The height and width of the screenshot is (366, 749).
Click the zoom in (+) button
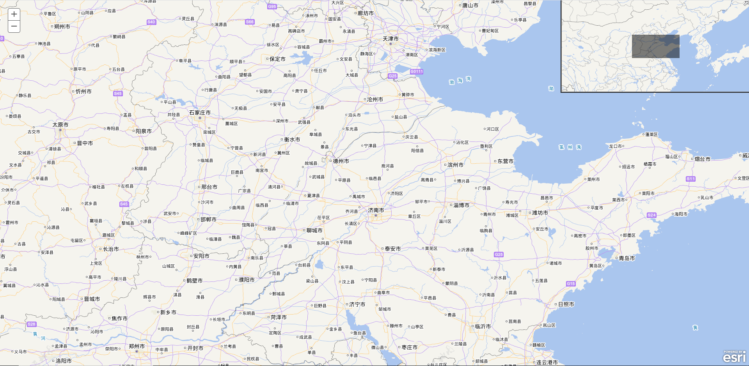point(14,14)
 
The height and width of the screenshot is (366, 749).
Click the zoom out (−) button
point(14,27)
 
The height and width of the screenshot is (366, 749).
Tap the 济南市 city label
point(376,210)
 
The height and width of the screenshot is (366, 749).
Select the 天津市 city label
point(390,39)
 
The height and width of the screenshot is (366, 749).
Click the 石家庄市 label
point(200,113)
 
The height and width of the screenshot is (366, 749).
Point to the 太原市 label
point(60,125)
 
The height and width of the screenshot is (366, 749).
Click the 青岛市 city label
point(627,258)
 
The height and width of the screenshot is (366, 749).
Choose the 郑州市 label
point(137,346)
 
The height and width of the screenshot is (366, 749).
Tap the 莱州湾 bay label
point(570,147)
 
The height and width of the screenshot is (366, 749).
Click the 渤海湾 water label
point(460,81)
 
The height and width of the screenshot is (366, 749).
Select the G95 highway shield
point(272,7)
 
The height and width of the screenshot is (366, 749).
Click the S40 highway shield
point(151,22)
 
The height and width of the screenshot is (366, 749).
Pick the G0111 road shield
point(417,71)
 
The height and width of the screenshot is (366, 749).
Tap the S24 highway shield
point(651,215)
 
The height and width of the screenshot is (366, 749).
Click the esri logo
point(734,357)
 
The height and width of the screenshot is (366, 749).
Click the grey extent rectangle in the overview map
point(655,46)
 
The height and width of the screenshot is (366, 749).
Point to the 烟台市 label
point(703,159)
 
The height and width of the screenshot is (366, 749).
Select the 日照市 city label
point(566,304)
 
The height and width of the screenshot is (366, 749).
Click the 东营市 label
point(506,161)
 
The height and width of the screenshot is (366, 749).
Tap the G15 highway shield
point(571,284)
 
